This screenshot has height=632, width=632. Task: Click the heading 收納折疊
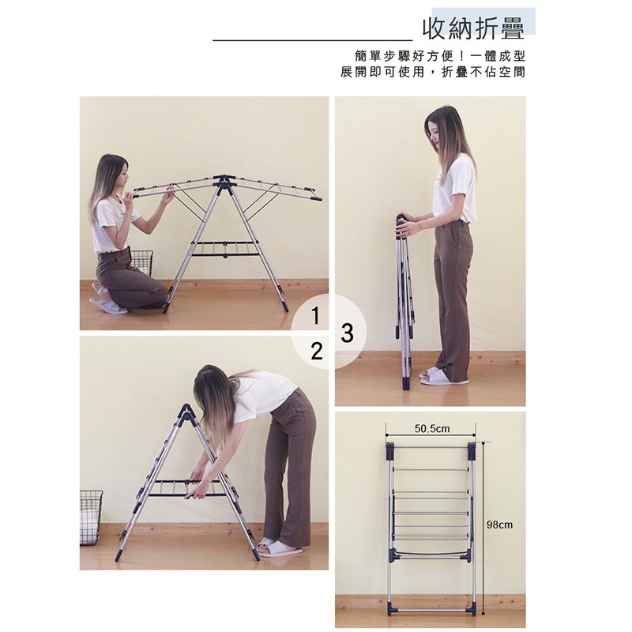point(473,28)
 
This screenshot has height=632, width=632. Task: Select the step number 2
point(317,351)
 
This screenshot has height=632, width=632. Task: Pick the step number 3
point(347,333)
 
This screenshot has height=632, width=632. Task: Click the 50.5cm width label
point(432,428)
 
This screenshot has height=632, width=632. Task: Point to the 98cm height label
point(499,525)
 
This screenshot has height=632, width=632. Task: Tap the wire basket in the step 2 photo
point(91,517)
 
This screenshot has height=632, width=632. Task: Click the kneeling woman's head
point(114,171)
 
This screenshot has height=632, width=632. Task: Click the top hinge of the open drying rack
point(225,181)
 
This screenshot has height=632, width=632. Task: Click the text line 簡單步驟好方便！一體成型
point(440,55)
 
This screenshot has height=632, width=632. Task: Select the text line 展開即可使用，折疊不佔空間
point(433,72)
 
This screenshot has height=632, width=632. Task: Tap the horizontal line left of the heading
point(312,40)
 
